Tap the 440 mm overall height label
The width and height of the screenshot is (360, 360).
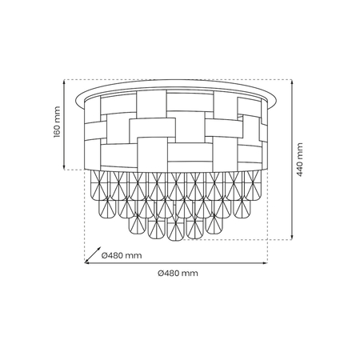click(300, 159)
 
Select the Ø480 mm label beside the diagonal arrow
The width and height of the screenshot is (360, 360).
click(122, 255)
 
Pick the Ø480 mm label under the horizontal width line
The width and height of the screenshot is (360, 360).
click(178, 274)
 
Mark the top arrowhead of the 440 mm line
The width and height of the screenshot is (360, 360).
click(290, 81)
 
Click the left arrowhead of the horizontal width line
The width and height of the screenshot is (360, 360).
click(87, 263)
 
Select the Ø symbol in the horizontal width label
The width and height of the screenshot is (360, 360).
click(162, 274)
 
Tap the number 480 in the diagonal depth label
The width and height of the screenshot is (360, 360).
click(118, 255)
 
